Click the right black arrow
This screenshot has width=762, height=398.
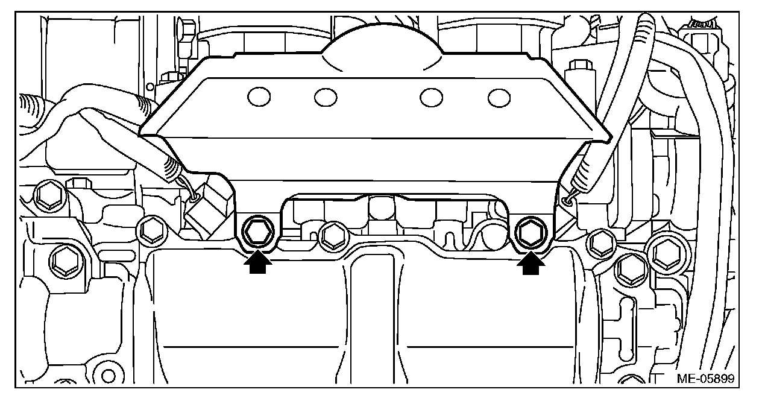(x=531, y=264)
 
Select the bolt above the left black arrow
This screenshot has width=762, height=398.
(x=257, y=232)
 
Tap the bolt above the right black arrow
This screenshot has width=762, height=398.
(x=531, y=232)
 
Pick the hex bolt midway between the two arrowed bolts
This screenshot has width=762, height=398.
(x=331, y=235)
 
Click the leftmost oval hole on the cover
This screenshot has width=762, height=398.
(x=259, y=96)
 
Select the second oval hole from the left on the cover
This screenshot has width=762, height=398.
(x=326, y=96)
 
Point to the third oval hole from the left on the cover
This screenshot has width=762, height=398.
(x=431, y=97)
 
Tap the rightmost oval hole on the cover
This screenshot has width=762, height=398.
(x=499, y=96)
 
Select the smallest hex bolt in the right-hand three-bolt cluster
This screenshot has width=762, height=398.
(x=601, y=242)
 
